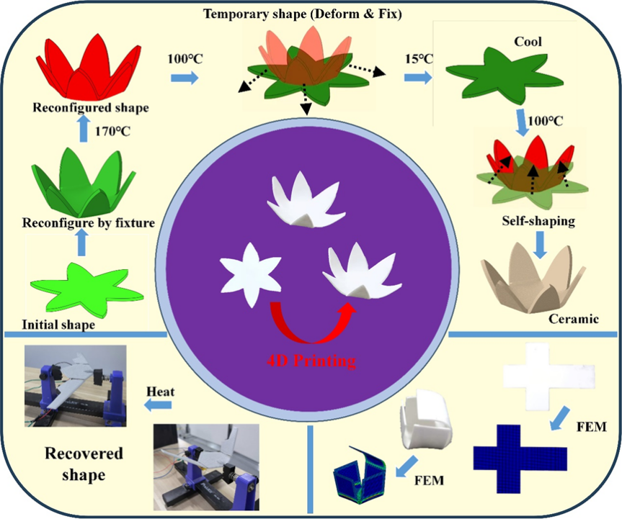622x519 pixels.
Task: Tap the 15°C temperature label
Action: click(418, 58)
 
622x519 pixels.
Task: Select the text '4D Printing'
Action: click(311, 359)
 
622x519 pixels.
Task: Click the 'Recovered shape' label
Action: click(84, 464)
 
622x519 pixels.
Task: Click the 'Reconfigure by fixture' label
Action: click(89, 222)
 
